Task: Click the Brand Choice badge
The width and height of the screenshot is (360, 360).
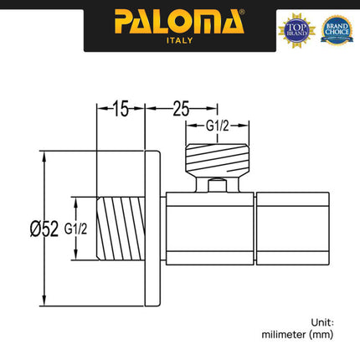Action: point(336,28)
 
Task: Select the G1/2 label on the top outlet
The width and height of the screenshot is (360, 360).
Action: point(218,128)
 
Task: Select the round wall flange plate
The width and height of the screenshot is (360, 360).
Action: point(154,228)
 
